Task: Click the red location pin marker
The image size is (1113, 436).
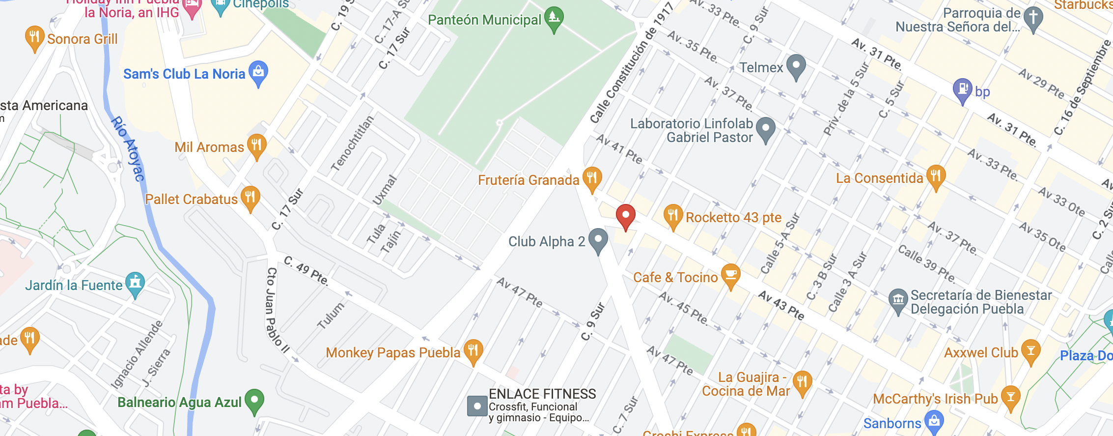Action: (625, 215)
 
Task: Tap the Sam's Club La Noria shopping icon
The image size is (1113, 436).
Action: (258, 72)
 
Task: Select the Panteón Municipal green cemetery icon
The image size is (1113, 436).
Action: (554, 18)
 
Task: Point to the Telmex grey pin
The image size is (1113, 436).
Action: (796, 66)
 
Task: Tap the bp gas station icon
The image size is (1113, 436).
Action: (962, 89)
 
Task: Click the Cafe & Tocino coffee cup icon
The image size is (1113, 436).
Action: (730, 274)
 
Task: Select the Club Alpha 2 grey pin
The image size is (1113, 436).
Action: (598, 239)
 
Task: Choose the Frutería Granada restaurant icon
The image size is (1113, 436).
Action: (592, 177)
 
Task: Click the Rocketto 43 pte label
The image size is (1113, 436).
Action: (733, 217)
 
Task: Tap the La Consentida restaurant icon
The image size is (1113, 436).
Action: (936, 176)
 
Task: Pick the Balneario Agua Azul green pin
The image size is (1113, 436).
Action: (254, 400)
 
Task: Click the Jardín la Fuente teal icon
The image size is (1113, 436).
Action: (135, 283)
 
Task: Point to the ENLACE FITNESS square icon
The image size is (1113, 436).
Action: (477, 406)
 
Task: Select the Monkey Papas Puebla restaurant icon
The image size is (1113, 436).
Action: (473, 350)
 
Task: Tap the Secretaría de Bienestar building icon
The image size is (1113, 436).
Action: (898, 299)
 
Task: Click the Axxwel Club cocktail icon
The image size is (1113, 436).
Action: (1030, 350)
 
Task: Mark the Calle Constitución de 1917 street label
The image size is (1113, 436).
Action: (631, 62)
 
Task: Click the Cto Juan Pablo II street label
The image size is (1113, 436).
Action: (277, 310)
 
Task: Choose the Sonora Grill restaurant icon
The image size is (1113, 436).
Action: (34, 37)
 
